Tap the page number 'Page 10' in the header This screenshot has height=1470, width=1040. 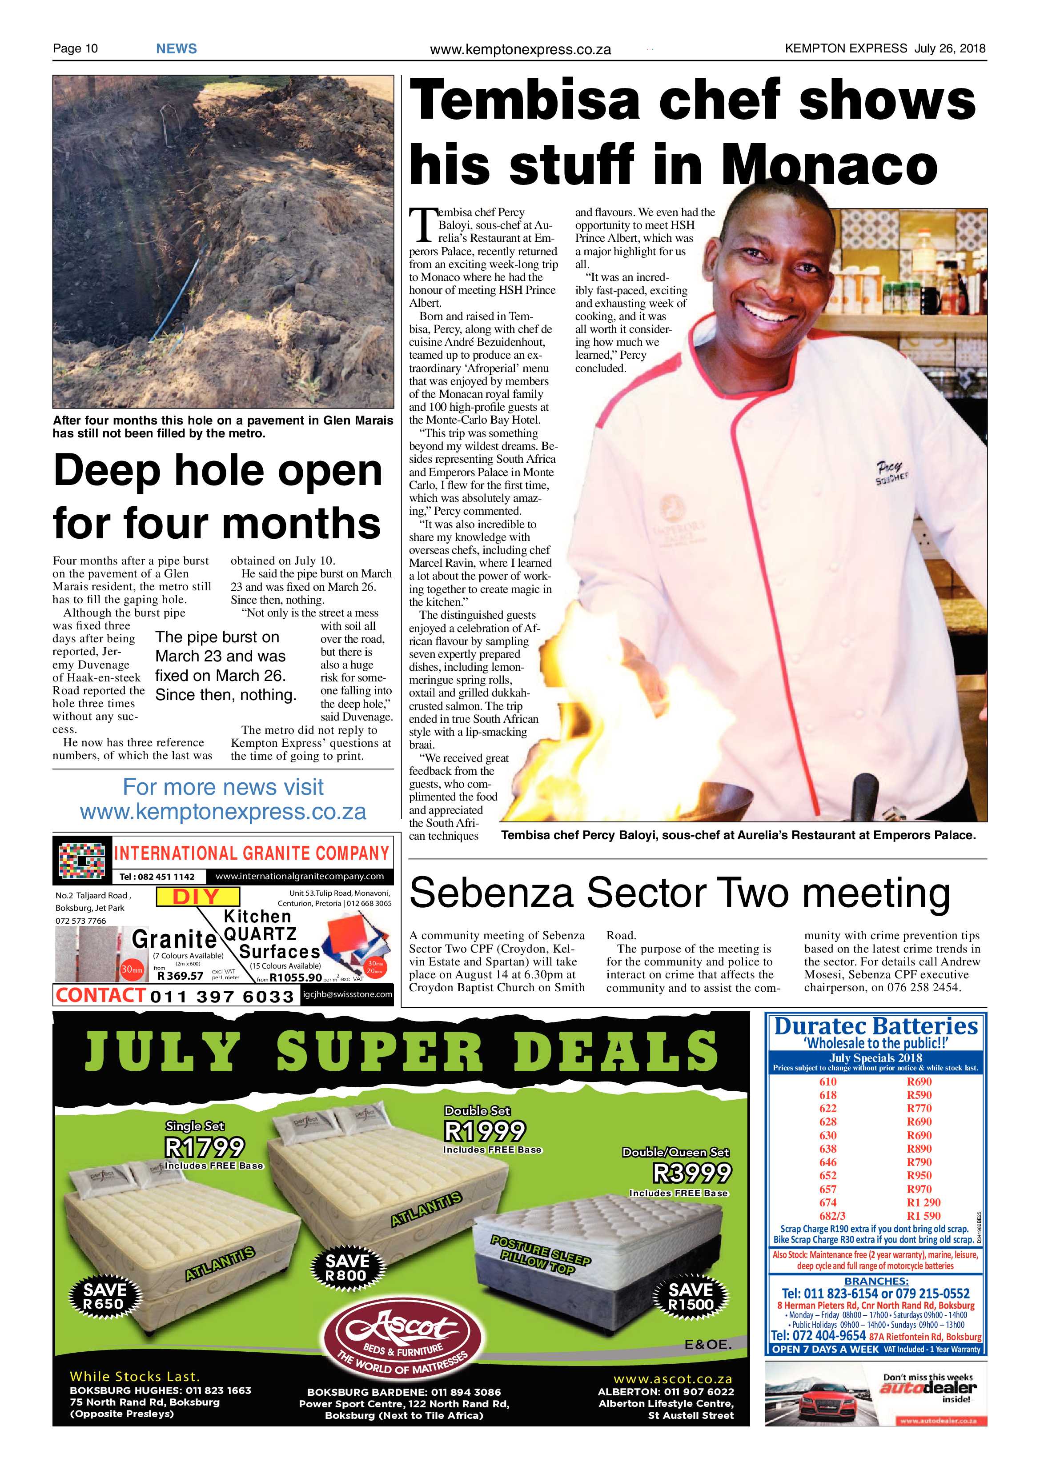75,48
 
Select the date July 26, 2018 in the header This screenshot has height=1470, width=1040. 950,48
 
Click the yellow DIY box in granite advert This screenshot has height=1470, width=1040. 197,896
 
